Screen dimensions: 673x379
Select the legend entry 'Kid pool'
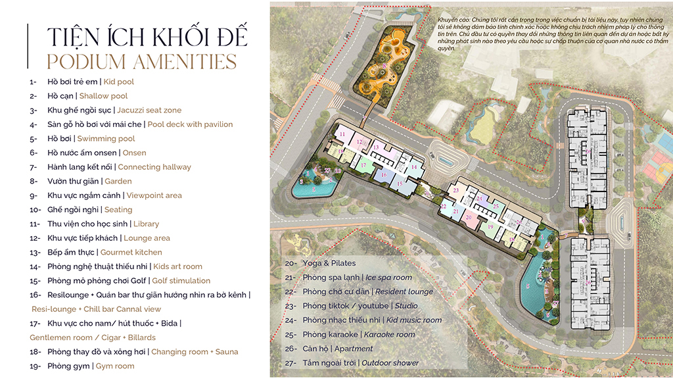point(118,82)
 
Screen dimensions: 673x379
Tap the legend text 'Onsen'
point(134,153)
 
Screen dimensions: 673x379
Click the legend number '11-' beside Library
point(34,224)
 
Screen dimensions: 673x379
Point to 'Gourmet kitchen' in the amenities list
point(131,252)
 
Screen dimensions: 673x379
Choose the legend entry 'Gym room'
point(114,366)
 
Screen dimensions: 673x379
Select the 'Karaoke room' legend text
point(390,334)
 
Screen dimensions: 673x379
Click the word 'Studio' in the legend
point(406,306)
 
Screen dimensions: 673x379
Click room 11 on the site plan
point(342,134)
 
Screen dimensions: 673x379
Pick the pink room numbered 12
point(359,141)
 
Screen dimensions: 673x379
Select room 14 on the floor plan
point(414,167)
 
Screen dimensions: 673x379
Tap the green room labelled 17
point(363,166)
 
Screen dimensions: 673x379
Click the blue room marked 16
point(384,175)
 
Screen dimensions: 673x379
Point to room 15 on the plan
point(400,184)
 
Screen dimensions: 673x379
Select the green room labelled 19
point(490,227)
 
